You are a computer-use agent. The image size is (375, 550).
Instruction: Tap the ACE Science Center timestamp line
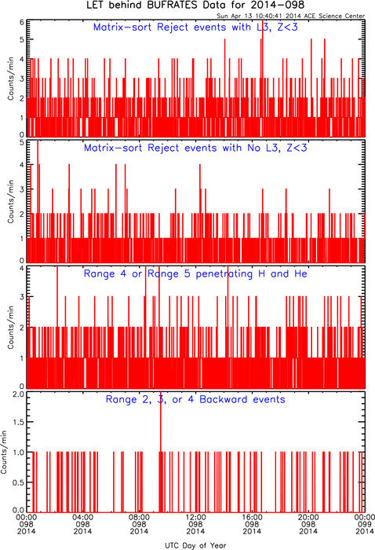(x=290, y=16)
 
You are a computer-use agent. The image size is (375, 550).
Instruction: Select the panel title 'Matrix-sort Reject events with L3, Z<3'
(x=195, y=27)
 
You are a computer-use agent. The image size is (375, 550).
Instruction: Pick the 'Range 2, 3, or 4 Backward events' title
(x=195, y=399)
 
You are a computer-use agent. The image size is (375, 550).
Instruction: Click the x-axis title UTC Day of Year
(x=195, y=545)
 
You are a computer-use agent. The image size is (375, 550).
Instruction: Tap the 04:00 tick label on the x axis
(x=82, y=517)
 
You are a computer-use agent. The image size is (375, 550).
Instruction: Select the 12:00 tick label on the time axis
(x=195, y=517)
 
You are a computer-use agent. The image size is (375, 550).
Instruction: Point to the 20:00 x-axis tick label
(x=308, y=517)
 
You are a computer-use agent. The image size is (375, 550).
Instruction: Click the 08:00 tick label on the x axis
(x=139, y=517)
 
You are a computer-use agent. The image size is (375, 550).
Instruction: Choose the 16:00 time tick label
(x=252, y=517)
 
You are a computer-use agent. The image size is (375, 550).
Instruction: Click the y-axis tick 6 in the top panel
(x=22, y=23)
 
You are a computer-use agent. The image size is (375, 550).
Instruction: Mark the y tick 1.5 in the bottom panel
(x=19, y=422)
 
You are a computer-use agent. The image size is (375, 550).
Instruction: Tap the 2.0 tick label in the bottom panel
(x=19, y=394)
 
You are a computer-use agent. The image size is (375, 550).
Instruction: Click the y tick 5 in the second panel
(x=22, y=143)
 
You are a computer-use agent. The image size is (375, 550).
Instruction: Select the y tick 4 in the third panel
(x=22, y=269)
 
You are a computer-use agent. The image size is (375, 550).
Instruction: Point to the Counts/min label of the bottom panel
(x=4, y=453)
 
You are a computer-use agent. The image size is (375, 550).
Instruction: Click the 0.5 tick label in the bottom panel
(x=19, y=482)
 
